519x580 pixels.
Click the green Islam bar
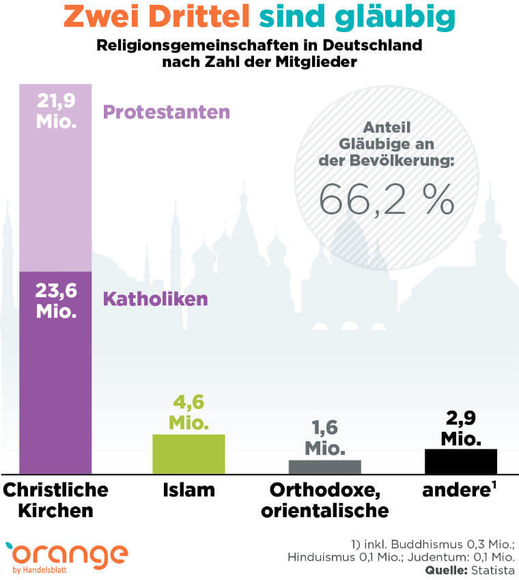tap(188, 453)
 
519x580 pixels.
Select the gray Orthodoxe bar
tap(324, 467)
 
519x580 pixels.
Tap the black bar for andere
tap(460, 461)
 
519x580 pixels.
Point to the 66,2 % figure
tap(387, 198)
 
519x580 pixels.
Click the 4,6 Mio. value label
tap(188, 412)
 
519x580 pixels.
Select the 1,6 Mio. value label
tap(324, 439)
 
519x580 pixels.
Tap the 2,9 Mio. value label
tap(461, 428)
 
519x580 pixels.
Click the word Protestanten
tap(166, 112)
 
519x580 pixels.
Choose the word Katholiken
tap(155, 299)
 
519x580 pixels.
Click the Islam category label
tap(188, 490)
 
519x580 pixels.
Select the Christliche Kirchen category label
tap(56, 500)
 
